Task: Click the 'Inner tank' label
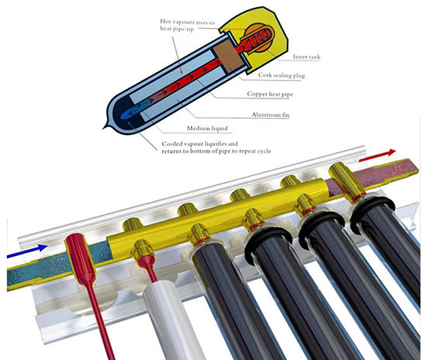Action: coord(306,57)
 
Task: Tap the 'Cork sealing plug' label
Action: coord(282,75)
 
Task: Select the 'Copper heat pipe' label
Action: coord(270,94)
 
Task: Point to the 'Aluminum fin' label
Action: coord(271,115)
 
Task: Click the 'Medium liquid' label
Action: coord(207,128)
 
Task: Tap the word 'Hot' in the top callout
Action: coord(166,22)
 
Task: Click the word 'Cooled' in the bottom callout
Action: coord(172,144)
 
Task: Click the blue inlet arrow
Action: coord(27,251)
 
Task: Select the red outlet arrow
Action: coord(377,155)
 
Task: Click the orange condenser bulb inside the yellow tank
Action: coord(258,37)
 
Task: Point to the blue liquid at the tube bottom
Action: coord(130,113)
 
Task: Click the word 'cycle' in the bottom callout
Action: coord(262,151)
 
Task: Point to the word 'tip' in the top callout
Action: coord(190,29)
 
